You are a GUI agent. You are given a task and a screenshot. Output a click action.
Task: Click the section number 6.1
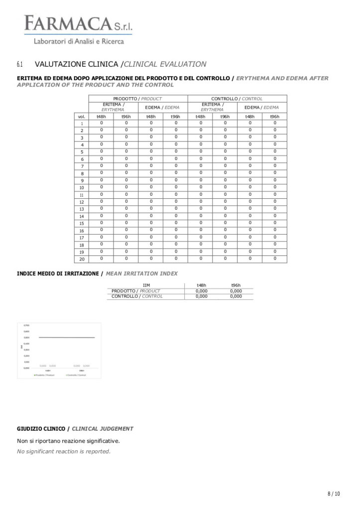pyautogui.click(x=20, y=64)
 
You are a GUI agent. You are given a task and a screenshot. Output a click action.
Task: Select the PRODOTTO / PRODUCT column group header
pyautogui.click(x=137, y=99)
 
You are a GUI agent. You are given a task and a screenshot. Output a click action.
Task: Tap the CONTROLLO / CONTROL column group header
pyautogui.click(x=237, y=99)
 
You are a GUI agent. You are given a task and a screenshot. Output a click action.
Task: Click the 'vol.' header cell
pyautogui.click(x=82, y=117)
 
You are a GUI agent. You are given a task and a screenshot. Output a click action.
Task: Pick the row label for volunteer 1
pyautogui.click(x=82, y=124)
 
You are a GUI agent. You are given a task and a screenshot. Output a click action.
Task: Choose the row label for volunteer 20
pyautogui.click(x=82, y=259)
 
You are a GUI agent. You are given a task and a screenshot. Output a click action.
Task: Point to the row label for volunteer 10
pyautogui.click(x=82, y=188)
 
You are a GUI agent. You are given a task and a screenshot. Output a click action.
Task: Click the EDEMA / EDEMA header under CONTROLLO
pyautogui.click(x=262, y=107)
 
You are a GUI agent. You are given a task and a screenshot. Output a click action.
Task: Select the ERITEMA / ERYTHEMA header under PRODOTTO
pyautogui.click(x=113, y=107)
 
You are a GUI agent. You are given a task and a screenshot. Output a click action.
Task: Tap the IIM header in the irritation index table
pyautogui.click(x=146, y=285)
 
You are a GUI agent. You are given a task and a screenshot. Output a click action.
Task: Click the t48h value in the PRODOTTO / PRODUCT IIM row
pyautogui.click(x=201, y=291)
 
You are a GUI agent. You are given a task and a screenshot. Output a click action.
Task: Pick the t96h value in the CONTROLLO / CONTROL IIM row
pyautogui.click(x=236, y=296)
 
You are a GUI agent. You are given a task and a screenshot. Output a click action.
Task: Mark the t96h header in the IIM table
pyautogui.click(x=236, y=285)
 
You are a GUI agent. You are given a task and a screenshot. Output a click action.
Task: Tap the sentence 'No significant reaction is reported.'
pyautogui.click(x=64, y=451)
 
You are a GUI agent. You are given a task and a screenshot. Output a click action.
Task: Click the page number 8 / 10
pyautogui.click(x=334, y=494)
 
